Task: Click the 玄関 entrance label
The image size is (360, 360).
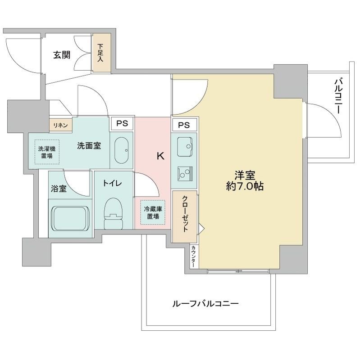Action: pyautogui.click(x=62, y=55)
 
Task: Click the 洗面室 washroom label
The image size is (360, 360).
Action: pyautogui.click(x=89, y=145)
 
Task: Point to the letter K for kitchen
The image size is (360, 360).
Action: pyautogui.click(x=159, y=156)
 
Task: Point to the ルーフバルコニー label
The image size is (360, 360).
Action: pyautogui.click(x=205, y=304)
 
